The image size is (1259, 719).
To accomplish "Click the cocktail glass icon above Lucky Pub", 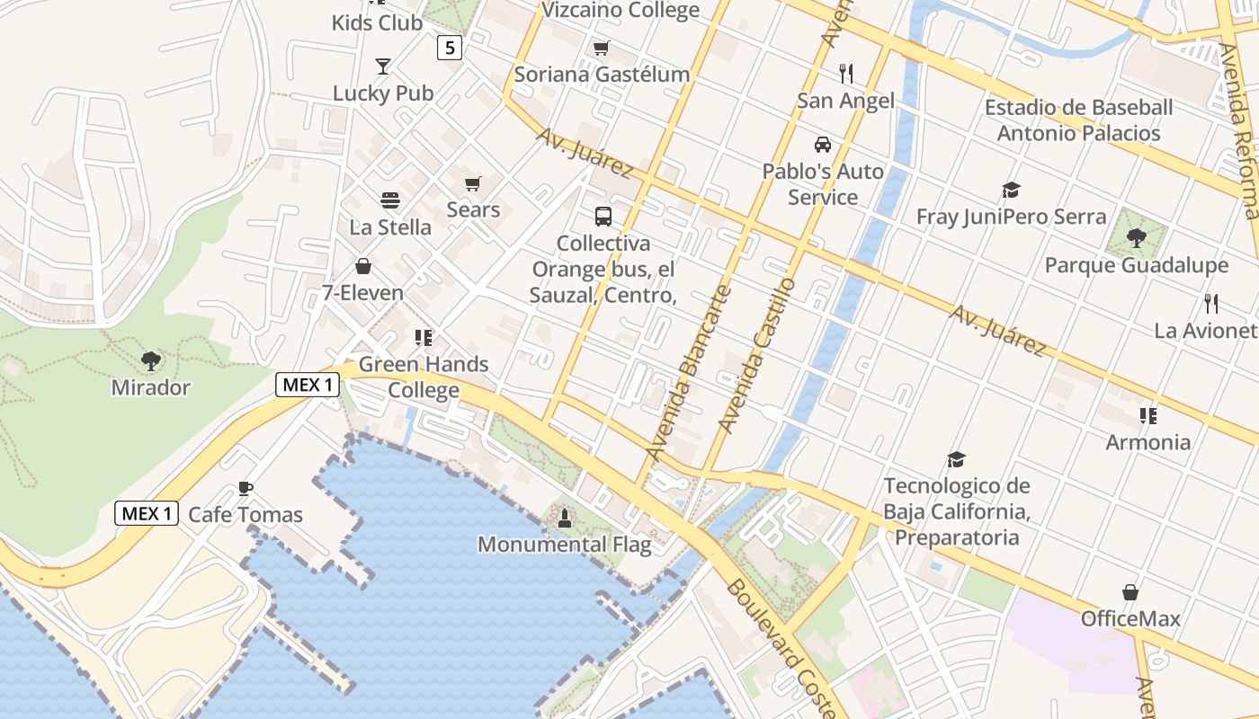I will pyautogui.click(x=383, y=66).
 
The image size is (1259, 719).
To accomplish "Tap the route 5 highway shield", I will pyautogui.click(x=450, y=47).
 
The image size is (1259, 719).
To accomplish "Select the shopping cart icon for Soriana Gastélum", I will pyautogui.click(x=601, y=48).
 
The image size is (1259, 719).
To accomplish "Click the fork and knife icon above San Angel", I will pyautogui.click(x=845, y=73).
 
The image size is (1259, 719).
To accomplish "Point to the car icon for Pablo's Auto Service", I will pyautogui.click(x=822, y=144).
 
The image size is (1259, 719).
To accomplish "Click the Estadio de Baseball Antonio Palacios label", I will pyautogui.click(x=1079, y=120).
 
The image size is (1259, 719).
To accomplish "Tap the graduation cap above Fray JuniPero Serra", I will pyautogui.click(x=1011, y=190).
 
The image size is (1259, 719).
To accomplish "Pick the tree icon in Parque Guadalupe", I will pyautogui.click(x=1136, y=238).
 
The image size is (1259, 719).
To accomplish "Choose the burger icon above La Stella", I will pyautogui.click(x=389, y=200).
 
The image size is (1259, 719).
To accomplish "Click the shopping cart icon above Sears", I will pyautogui.click(x=473, y=183).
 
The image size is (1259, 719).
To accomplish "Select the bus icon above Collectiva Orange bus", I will pyautogui.click(x=603, y=216).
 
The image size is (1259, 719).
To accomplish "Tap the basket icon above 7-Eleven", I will pyautogui.click(x=363, y=266).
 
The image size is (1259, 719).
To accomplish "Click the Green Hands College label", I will pyautogui.click(x=424, y=377).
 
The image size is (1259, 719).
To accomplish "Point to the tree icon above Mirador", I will pyautogui.click(x=150, y=360).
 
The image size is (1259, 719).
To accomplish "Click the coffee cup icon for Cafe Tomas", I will pyautogui.click(x=245, y=488).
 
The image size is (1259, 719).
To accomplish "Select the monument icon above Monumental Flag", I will pyautogui.click(x=564, y=518).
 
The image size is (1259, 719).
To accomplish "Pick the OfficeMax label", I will pyautogui.click(x=1130, y=618).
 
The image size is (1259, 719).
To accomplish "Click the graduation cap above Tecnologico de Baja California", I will pyautogui.click(x=956, y=459).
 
